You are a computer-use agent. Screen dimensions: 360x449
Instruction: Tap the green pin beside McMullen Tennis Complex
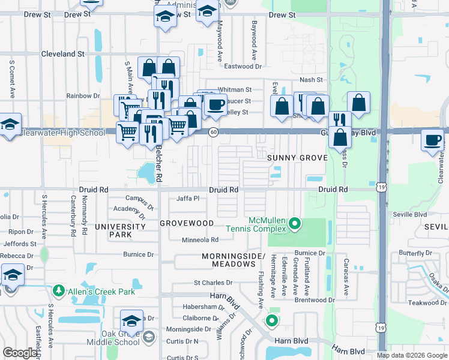pos(294,224)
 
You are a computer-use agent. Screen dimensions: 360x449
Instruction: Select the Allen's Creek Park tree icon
pos(59,291)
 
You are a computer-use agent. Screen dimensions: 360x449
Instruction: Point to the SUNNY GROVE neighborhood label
pos(298,158)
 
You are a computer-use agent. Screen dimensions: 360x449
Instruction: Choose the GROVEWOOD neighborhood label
pos(187,223)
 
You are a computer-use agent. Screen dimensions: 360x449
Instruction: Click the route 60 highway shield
pos(213,132)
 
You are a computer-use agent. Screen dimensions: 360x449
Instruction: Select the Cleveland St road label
pos(62,54)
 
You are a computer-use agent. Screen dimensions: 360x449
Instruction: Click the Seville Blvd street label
pos(410,214)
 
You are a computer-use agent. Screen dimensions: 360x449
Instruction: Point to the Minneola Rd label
pos(200,240)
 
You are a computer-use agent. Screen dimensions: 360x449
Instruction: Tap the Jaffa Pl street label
pos(187,198)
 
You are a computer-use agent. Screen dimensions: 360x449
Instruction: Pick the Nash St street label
pos(311,80)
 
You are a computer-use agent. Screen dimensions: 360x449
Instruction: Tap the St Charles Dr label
pos(212,283)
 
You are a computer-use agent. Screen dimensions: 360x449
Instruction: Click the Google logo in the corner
pos(20,353)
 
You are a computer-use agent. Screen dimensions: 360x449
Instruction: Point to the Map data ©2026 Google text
pos(411,355)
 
